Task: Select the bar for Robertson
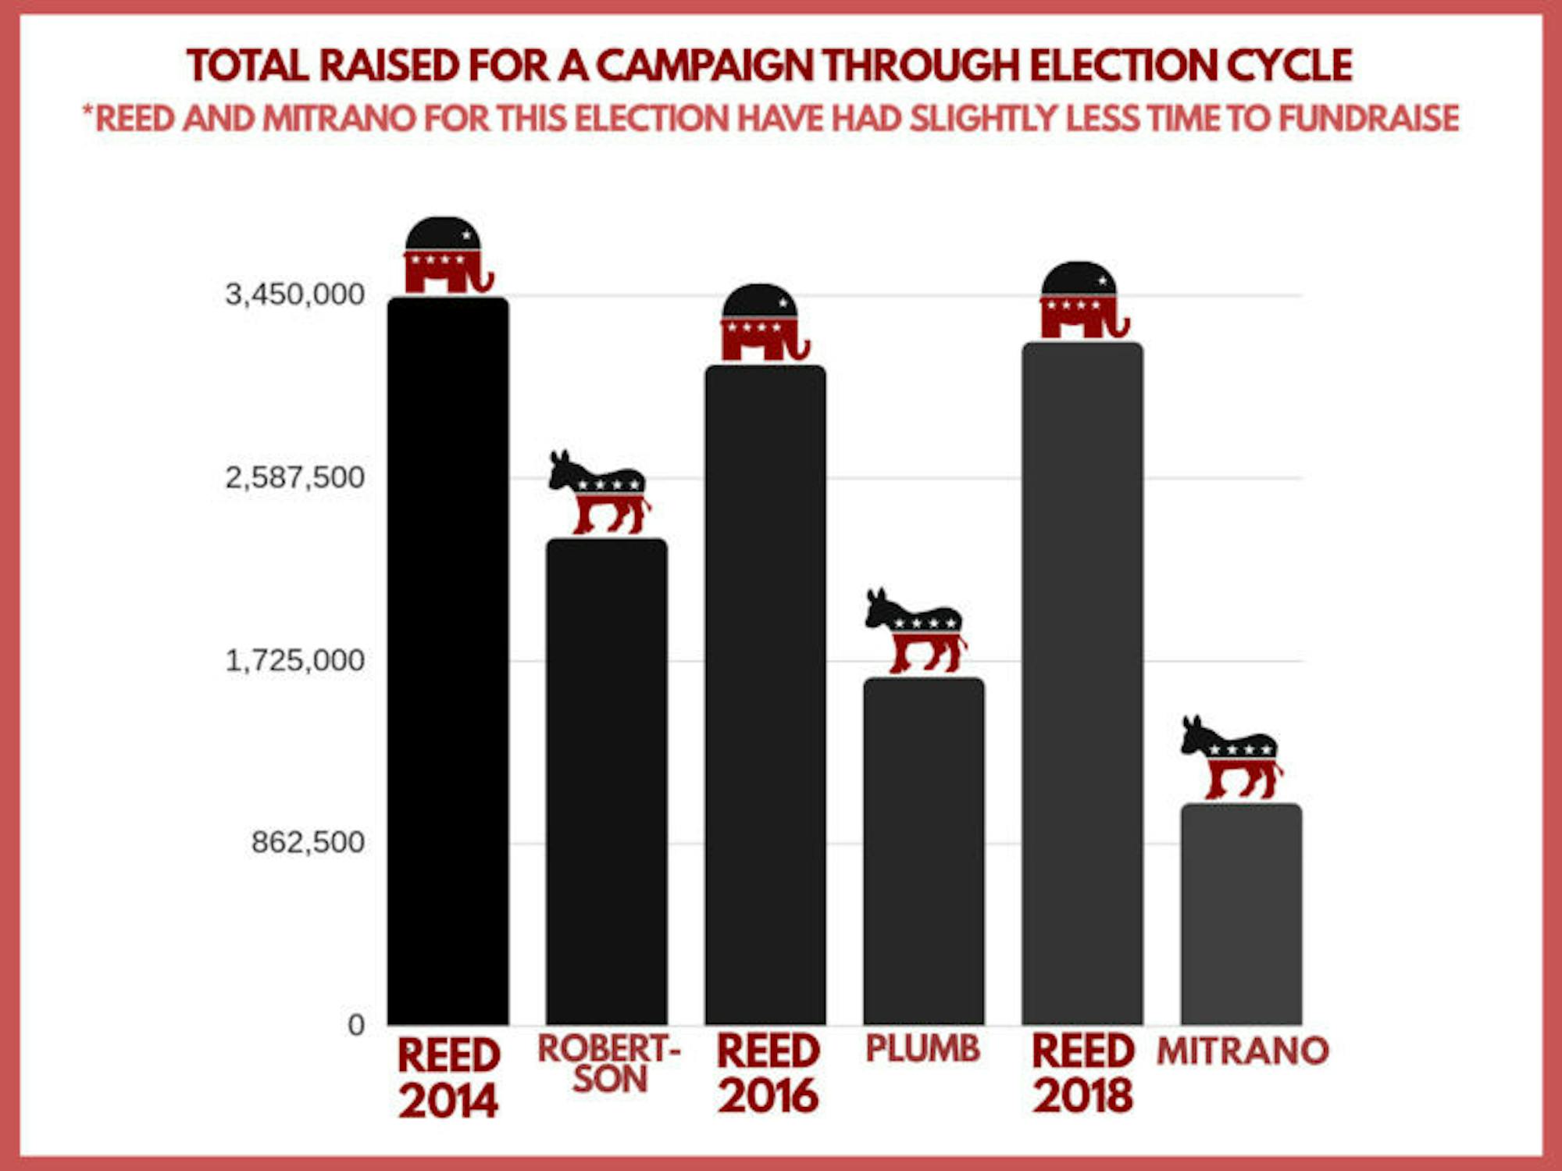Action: tap(606, 781)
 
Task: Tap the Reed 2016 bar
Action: tap(765, 695)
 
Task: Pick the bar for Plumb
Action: tap(923, 851)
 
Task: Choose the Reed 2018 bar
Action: tap(1082, 684)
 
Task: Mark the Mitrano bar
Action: tap(1240, 914)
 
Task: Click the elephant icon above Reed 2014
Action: tap(447, 255)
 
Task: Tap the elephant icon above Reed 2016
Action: tap(763, 322)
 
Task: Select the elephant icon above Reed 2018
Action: tap(1082, 300)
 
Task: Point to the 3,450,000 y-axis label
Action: tap(294, 295)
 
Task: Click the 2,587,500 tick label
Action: tap(294, 477)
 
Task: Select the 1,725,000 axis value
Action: tap(294, 661)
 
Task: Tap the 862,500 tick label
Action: tap(308, 842)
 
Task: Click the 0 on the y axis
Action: tap(356, 1025)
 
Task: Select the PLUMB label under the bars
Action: tap(922, 1048)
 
